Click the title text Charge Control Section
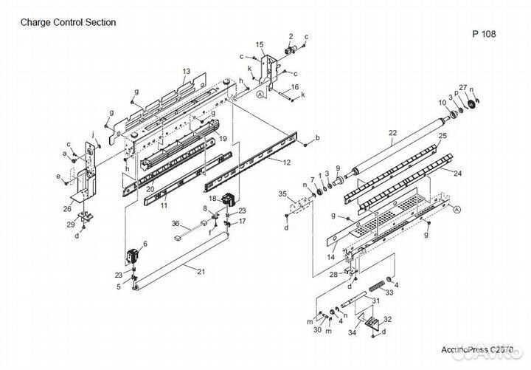click(68, 22)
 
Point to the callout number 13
click(187, 71)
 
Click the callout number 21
click(201, 271)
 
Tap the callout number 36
click(175, 224)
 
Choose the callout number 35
click(282, 193)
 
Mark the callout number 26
click(68, 208)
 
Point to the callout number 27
click(463, 88)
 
